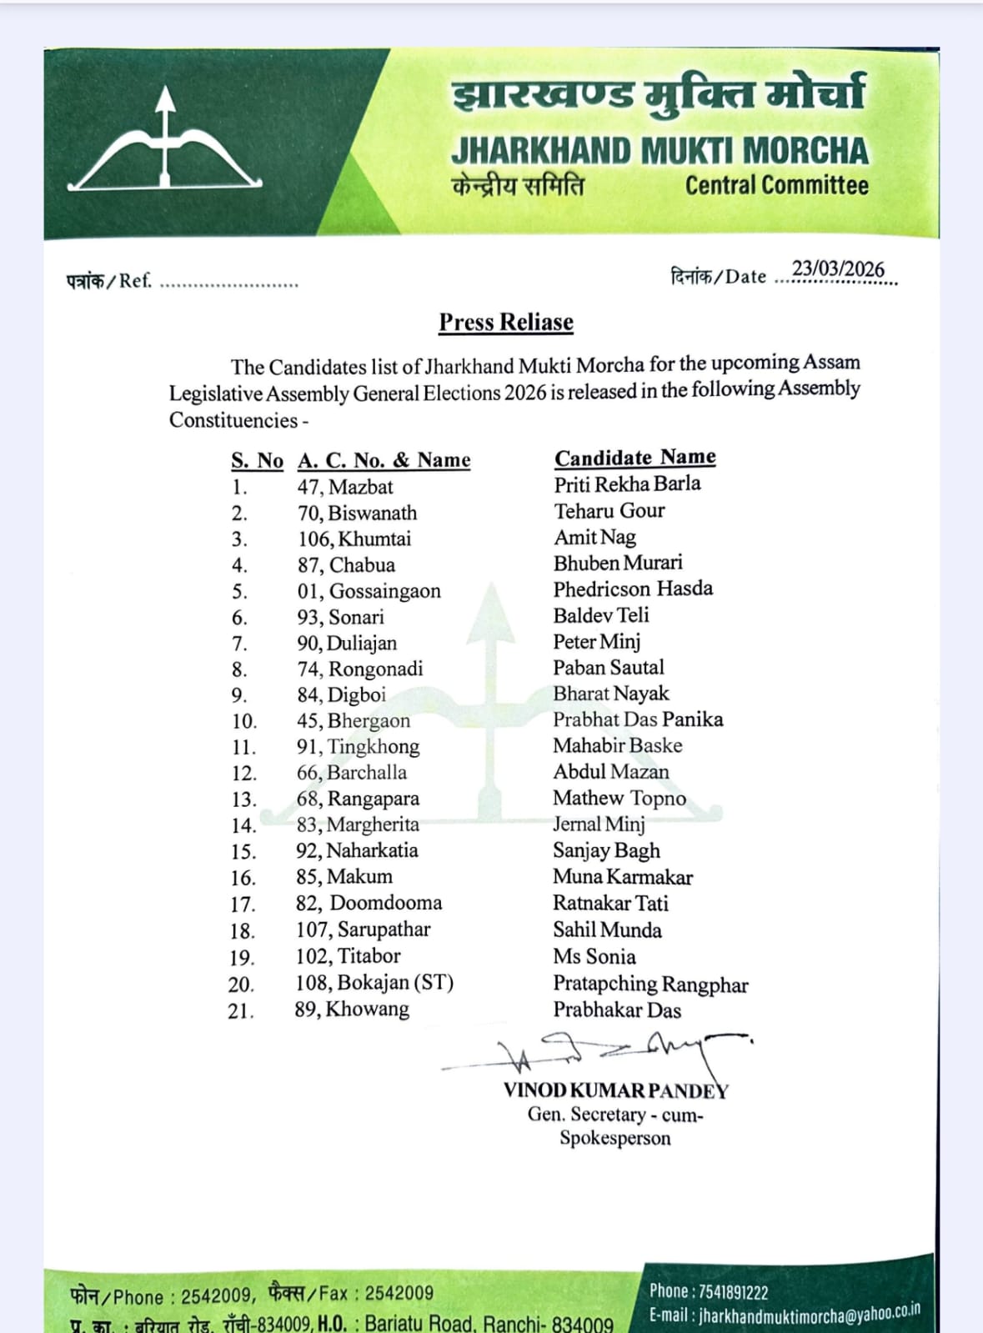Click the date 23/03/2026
click(837, 269)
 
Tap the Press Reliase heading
click(506, 323)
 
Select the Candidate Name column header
click(634, 458)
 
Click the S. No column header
click(257, 461)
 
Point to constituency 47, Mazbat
click(344, 487)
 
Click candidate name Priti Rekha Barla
click(627, 484)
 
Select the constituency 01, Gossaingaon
click(369, 591)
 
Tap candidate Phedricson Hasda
click(633, 589)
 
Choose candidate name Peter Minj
click(596, 641)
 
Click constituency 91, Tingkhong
click(358, 747)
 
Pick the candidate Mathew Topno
click(619, 799)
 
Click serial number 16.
click(243, 878)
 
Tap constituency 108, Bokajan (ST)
click(374, 983)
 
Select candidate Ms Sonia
click(594, 956)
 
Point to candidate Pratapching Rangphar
click(650, 985)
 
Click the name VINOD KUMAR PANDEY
click(615, 1090)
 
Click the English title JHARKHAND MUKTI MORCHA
click(660, 151)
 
